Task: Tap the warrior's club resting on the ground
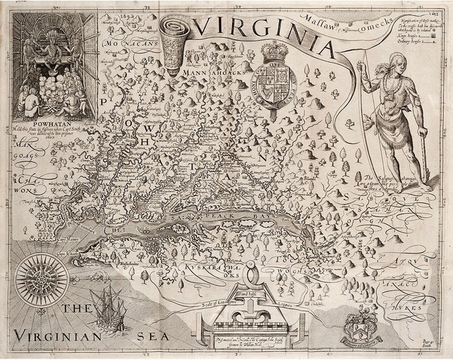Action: click(424, 163)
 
